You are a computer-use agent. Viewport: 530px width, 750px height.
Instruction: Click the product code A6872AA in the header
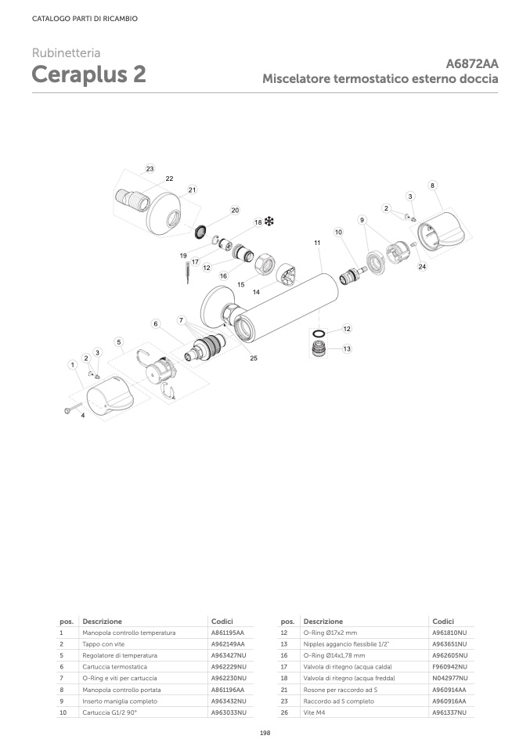pyautogui.click(x=472, y=64)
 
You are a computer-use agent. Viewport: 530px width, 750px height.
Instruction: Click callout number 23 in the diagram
pyautogui.click(x=150, y=169)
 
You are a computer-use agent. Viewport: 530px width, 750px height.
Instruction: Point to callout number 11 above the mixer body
pyautogui.click(x=317, y=243)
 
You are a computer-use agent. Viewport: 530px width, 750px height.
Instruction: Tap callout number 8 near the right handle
pyautogui.click(x=432, y=185)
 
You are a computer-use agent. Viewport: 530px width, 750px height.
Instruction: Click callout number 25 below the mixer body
pyautogui.click(x=254, y=358)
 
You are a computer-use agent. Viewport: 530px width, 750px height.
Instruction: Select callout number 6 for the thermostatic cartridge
pyautogui.click(x=156, y=323)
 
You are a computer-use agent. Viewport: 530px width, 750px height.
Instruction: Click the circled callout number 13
pyautogui.click(x=346, y=348)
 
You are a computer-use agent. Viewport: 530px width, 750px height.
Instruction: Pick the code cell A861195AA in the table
pyautogui.click(x=228, y=632)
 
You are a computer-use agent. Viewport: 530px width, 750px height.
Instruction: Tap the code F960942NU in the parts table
pyautogui.click(x=449, y=666)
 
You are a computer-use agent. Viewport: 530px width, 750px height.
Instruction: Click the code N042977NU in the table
pyautogui.click(x=449, y=678)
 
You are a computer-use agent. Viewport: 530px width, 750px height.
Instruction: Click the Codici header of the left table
pyautogui.click(x=222, y=621)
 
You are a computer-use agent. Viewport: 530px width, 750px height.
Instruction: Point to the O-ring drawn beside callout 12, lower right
pyautogui.click(x=319, y=331)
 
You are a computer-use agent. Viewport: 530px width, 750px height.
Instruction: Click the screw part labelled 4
pyautogui.click(x=69, y=408)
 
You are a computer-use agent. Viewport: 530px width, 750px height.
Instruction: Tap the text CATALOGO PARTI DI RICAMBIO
pyautogui.click(x=85, y=19)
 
